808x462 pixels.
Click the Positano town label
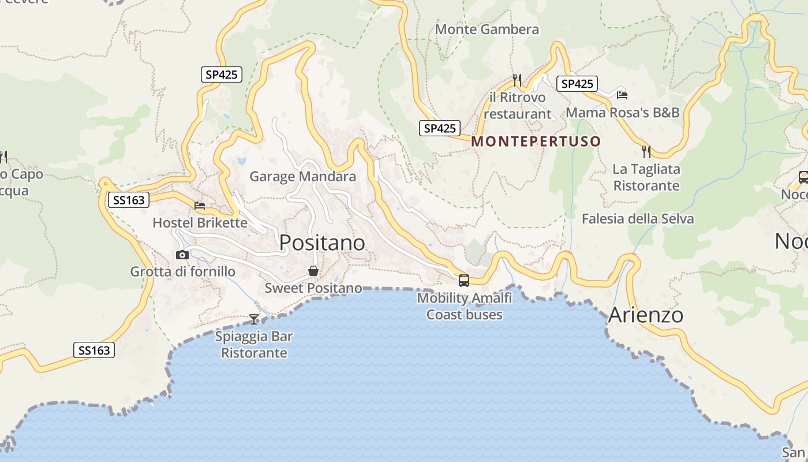point(322,243)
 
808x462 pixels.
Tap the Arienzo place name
point(645,315)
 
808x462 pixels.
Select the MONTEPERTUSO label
point(536,141)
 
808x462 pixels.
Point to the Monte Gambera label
point(487,29)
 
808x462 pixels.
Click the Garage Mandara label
point(302,177)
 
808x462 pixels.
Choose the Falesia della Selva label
point(637,219)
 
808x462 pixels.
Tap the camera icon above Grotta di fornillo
point(182,255)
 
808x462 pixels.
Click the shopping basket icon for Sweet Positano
point(313,271)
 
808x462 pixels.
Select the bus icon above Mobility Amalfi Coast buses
point(463,281)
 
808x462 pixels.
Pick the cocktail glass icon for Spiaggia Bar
point(253,319)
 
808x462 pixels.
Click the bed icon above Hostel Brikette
point(200,205)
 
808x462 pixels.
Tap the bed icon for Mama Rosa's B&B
point(622,95)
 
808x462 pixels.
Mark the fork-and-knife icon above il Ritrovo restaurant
point(517,80)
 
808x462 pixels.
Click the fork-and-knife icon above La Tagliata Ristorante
point(646,152)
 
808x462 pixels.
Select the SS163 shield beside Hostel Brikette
point(129,200)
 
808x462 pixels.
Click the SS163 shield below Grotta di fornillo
point(94,350)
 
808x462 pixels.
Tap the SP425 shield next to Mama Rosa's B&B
point(577,84)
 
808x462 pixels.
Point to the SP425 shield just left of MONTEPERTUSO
point(440,128)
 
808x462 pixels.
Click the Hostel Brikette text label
point(200,223)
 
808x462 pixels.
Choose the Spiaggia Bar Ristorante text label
point(254,345)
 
